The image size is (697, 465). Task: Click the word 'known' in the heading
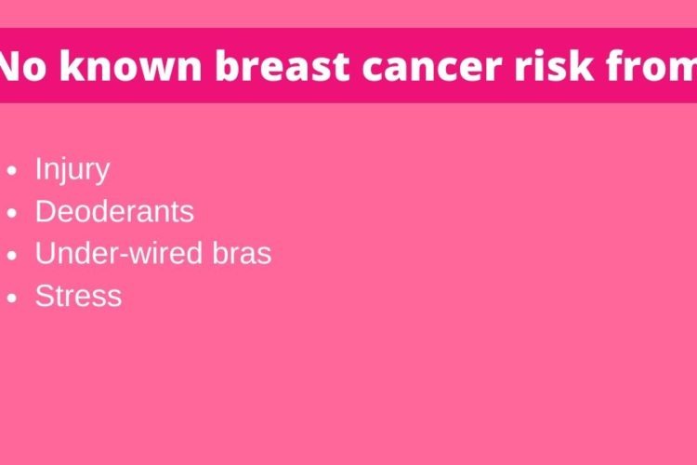point(131,65)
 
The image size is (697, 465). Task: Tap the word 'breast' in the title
point(283,66)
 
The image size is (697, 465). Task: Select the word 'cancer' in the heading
point(431,69)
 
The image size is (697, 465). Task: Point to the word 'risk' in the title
point(554,65)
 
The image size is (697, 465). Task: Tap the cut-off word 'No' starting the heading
point(22,66)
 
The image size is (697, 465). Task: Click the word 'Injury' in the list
point(72,169)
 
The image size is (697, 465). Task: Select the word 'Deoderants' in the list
point(114,211)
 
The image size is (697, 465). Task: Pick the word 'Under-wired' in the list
point(120,253)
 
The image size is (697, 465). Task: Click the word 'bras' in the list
point(242,253)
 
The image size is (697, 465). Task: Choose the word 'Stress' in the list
point(79,296)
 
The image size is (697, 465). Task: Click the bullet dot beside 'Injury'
point(12,170)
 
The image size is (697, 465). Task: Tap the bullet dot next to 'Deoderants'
point(12,213)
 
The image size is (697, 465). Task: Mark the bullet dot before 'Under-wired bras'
point(12,256)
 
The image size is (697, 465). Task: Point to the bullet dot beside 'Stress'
point(12,298)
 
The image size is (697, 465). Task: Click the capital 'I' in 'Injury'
point(39,167)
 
